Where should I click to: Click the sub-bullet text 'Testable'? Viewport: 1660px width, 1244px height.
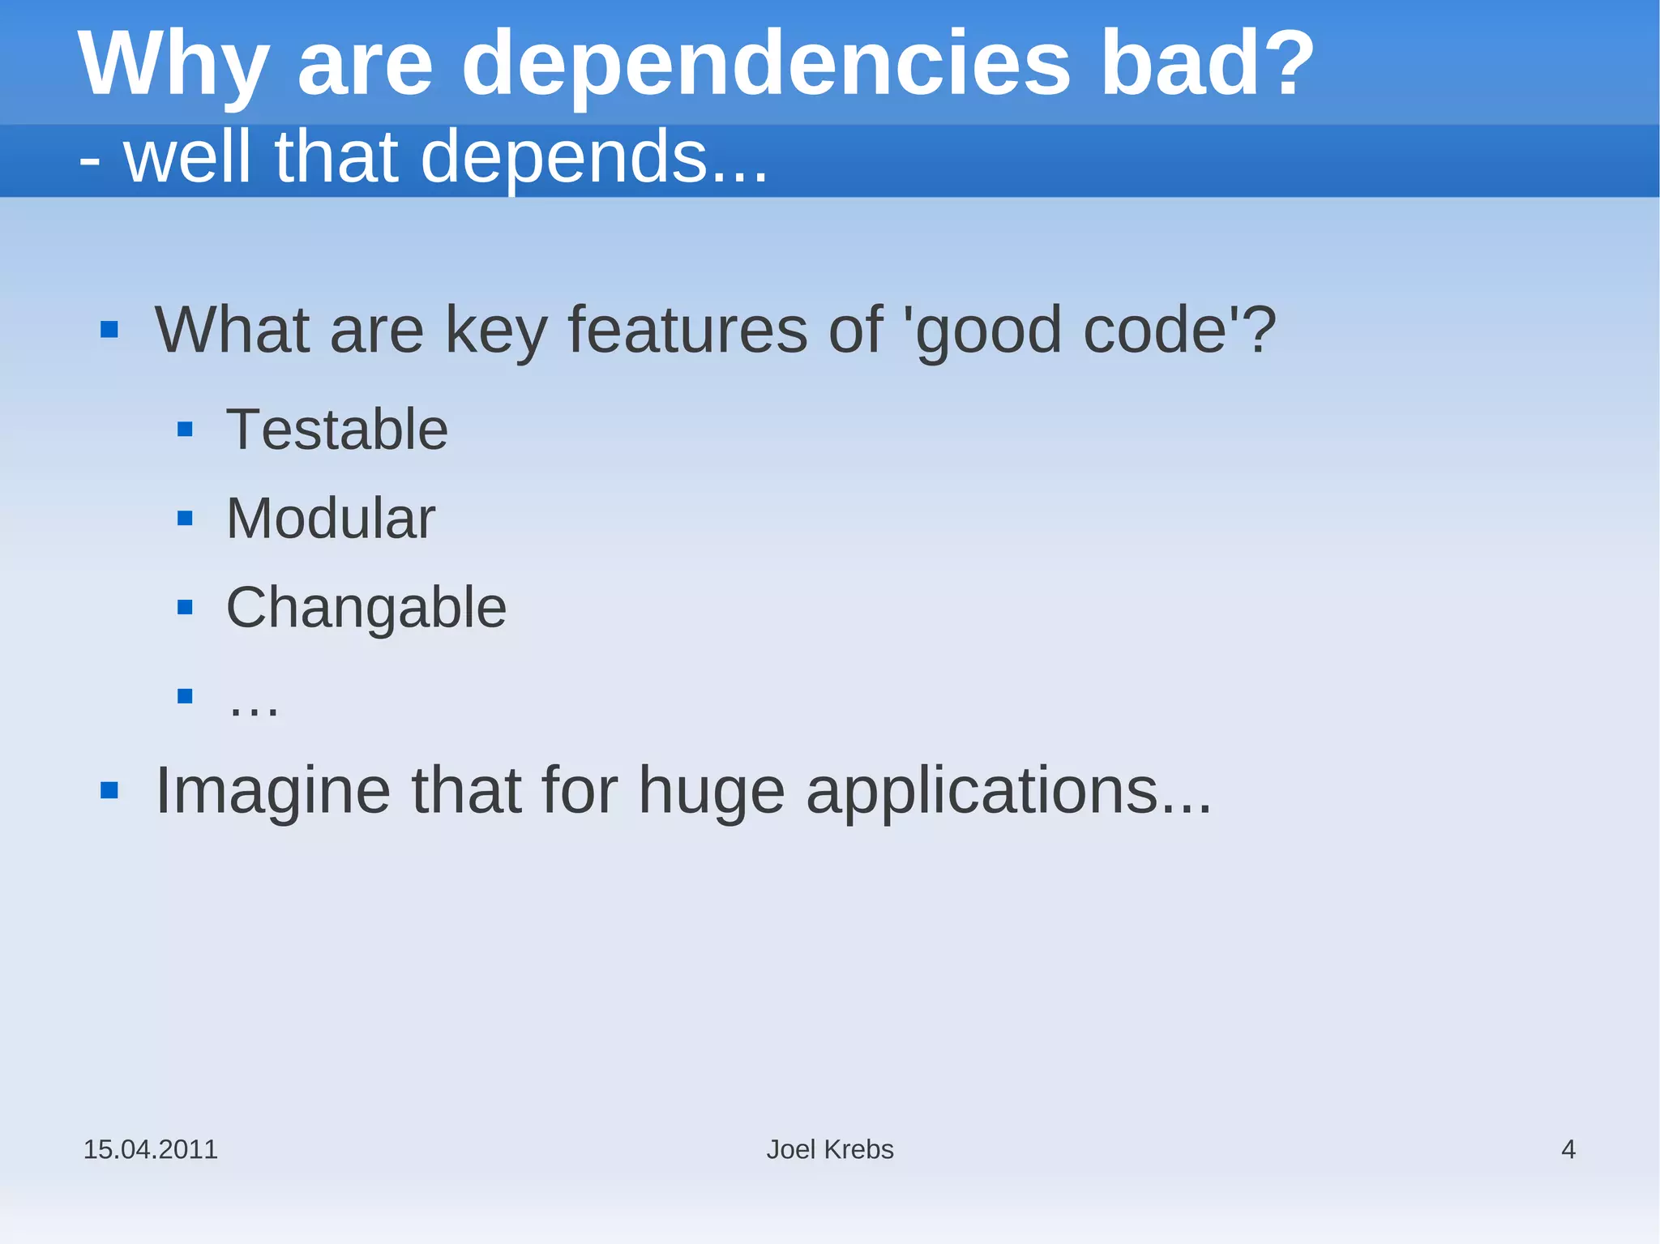click(x=336, y=429)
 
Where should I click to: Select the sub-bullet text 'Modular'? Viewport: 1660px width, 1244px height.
click(x=331, y=518)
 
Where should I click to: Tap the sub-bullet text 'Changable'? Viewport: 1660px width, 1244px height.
click(x=366, y=608)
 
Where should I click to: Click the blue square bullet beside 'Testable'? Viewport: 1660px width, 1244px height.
click(x=185, y=429)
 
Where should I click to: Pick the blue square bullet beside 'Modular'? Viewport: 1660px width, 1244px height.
click(x=185, y=518)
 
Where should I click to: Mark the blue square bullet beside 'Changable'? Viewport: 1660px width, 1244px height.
click(x=185, y=607)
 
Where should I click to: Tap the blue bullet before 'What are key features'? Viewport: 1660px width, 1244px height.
click(x=109, y=330)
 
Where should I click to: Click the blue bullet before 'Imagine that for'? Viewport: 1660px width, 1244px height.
click(x=109, y=790)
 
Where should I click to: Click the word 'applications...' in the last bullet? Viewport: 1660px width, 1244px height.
click(x=1008, y=790)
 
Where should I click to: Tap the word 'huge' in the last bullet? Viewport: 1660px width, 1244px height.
click(x=711, y=790)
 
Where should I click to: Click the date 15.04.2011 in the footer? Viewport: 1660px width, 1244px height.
click(x=151, y=1149)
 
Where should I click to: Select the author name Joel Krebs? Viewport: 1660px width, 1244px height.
click(x=830, y=1149)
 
